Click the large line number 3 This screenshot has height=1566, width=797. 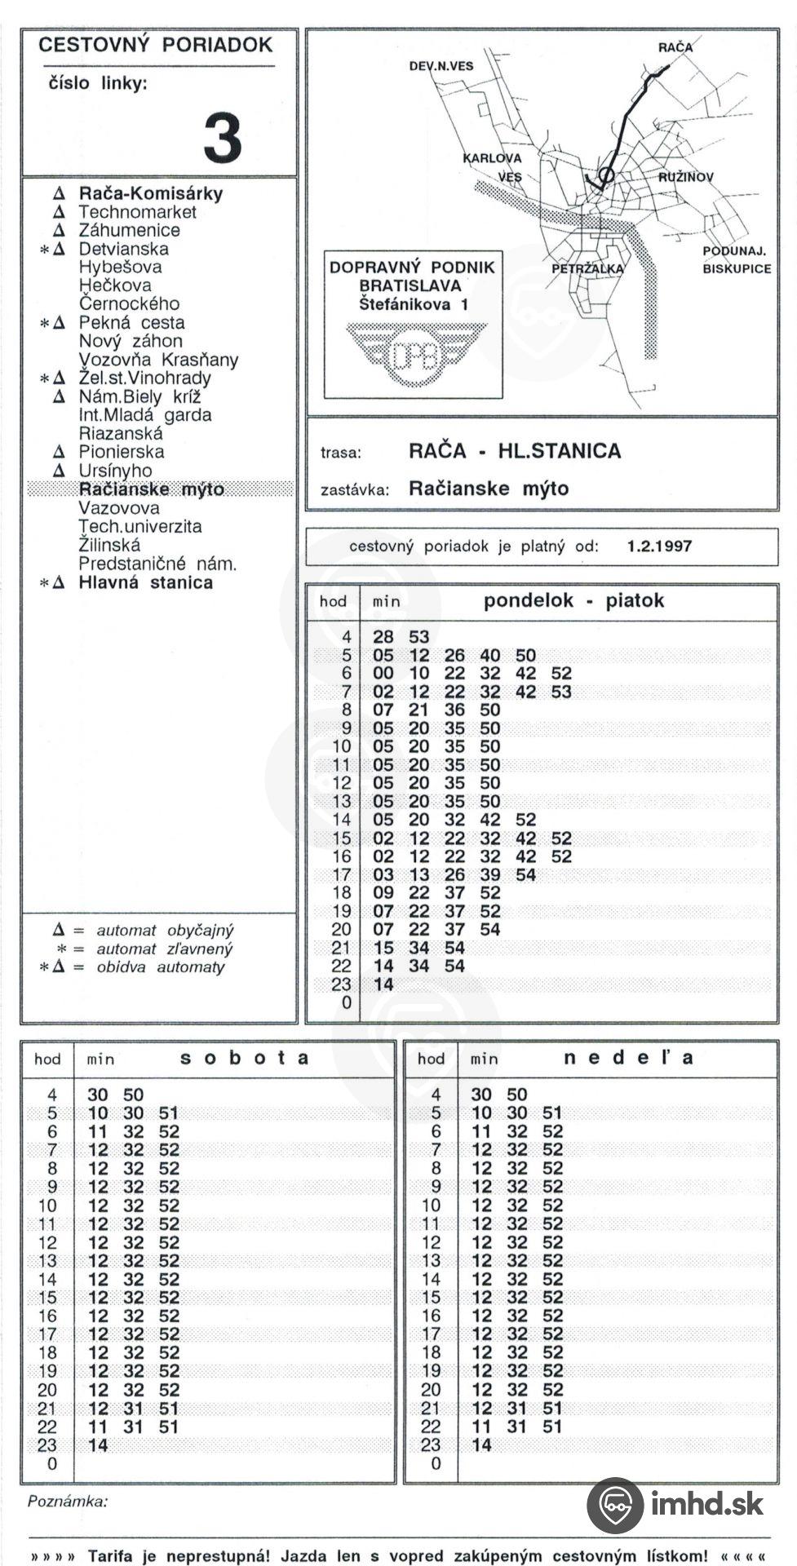(223, 138)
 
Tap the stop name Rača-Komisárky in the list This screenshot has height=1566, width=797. (150, 193)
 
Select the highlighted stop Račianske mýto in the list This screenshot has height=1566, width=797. (151, 489)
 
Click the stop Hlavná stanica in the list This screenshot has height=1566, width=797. (145, 582)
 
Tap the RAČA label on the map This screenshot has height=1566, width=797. (675, 47)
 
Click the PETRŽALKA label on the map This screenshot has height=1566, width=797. (587, 268)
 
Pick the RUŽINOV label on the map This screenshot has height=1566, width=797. (686, 177)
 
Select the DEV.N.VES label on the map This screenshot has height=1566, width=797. (441, 66)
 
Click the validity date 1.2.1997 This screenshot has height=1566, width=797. (659, 546)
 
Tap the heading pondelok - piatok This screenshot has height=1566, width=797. (573, 601)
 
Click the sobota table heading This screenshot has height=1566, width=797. (245, 1059)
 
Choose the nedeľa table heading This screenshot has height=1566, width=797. (628, 1059)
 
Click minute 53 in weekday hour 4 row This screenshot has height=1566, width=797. (418, 637)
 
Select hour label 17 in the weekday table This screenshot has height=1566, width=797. (341, 875)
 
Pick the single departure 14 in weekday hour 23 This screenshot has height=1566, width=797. (383, 984)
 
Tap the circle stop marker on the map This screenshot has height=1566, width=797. (606, 174)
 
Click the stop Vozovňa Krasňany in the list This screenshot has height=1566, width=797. (158, 360)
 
